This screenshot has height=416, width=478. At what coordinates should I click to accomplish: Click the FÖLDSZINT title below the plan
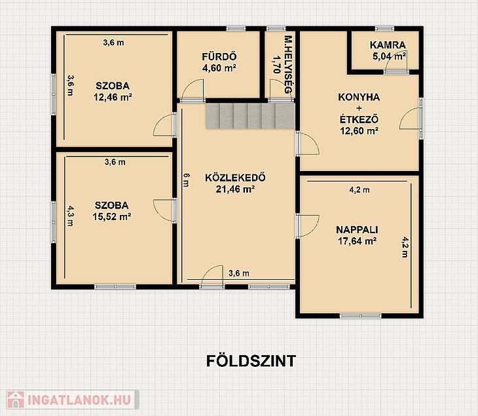251,361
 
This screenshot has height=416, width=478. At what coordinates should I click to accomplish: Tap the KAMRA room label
388,45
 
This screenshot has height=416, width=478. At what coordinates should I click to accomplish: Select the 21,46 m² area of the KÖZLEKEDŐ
235,189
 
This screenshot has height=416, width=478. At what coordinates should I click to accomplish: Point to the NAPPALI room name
357,229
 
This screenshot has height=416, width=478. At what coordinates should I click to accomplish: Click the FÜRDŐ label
219,56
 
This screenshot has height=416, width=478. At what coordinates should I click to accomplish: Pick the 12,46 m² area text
113,98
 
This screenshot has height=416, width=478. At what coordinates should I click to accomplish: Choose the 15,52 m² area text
112,217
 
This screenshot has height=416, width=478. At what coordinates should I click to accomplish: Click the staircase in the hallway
250,116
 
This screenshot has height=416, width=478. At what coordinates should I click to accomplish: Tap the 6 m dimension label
186,180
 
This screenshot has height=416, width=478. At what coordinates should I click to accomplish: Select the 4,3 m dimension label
71,216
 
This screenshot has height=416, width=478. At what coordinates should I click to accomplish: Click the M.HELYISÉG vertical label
288,65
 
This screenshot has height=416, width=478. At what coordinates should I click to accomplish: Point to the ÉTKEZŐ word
359,119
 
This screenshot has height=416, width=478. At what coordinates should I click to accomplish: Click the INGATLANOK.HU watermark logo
73,400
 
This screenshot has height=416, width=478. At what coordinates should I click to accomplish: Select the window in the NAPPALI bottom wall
361,316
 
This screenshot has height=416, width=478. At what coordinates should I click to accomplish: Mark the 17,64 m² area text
357,241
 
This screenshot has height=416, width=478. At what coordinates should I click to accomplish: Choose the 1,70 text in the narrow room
276,64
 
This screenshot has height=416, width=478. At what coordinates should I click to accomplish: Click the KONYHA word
359,97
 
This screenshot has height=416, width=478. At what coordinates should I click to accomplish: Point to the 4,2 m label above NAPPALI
359,190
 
